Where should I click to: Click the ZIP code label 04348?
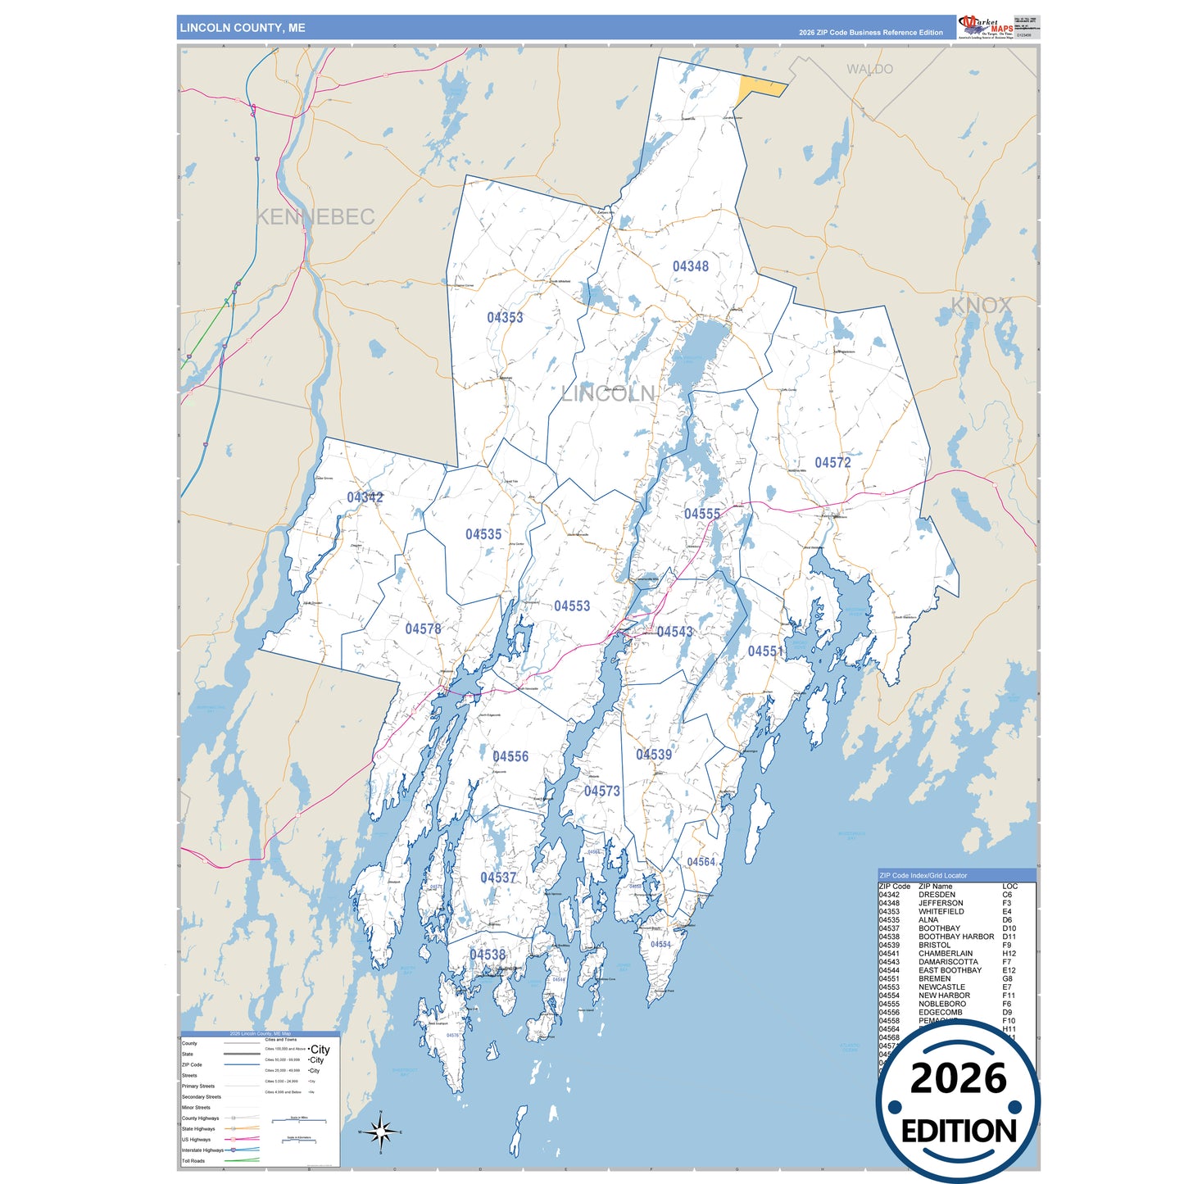tap(690, 266)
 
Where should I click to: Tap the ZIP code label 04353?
tap(505, 317)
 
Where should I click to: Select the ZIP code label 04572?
tap(832, 462)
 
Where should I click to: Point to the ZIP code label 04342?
tap(365, 497)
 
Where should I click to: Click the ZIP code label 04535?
tap(483, 534)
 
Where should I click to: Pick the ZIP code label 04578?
tap(423, 628)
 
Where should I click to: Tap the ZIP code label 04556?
tap(510, 756)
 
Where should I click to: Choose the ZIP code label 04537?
tap(498, 878)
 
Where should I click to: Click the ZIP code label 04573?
tap(601, 791)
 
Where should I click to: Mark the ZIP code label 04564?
tap(701, 862)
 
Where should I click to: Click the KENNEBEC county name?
tap(315, 217)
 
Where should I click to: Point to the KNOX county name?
tap(981, 306)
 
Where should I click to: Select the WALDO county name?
tap(869, 70)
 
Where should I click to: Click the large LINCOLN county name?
tap(608, 393)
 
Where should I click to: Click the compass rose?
tap(380, 1132)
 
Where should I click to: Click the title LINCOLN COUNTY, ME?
tap(243, 28)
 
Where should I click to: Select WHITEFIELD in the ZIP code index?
tap(941, 911)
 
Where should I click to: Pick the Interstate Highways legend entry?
tap(202, 1150)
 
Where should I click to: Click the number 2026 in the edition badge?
tap(958, 1078)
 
